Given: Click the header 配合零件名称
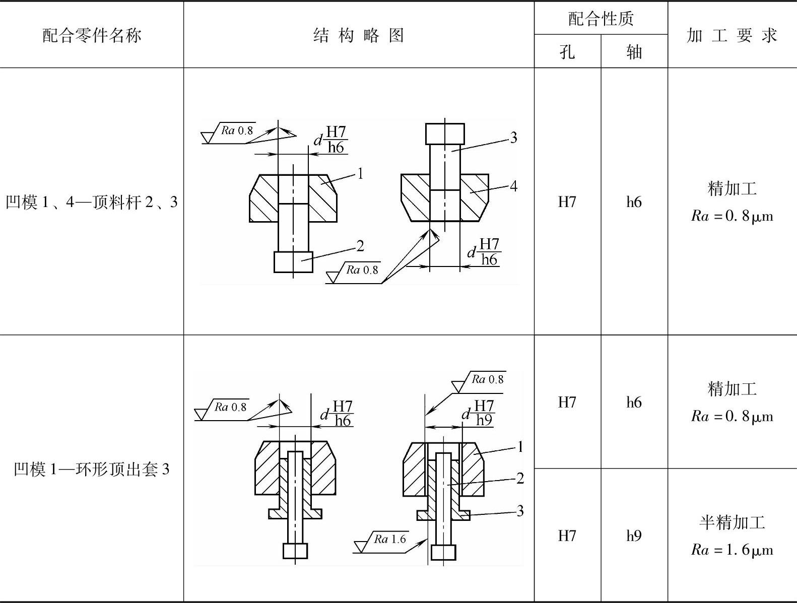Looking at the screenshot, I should coord(92,35).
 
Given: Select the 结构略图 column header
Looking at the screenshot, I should coord(358,35).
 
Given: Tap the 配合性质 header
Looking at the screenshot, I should coord(601,19).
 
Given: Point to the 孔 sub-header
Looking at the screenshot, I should coord(567,51).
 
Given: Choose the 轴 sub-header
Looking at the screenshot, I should coord(634,51).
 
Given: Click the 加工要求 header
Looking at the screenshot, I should coord(732,35).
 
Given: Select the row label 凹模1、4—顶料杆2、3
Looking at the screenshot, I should coord(92,202).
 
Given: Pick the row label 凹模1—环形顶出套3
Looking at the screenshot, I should coord(92,470).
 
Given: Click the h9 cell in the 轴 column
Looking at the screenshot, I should coord(634,535).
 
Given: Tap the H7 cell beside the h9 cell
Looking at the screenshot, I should coord(567,535).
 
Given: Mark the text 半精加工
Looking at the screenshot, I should coord(732,522).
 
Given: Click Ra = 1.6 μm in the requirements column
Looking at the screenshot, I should coord(732,550).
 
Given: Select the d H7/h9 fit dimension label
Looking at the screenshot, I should coord(479,413).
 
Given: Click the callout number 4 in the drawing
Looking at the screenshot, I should coord(513,186).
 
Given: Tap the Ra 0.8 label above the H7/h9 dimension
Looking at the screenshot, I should coord(487,379).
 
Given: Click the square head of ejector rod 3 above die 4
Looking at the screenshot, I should coord(445,133).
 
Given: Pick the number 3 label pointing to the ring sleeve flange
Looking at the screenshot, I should coord(520,511).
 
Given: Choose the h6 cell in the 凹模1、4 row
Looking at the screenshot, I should coord(634,202).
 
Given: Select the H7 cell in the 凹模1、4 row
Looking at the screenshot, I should coord(567,202).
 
